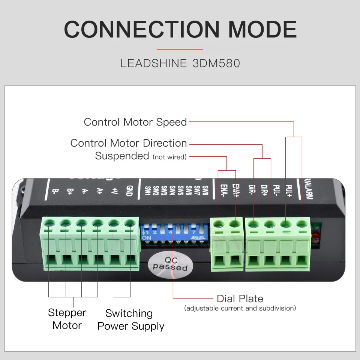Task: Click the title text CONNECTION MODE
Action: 180,29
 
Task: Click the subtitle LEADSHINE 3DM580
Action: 180,63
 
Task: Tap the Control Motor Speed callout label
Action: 135,122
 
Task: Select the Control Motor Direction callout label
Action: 128,143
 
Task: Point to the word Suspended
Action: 122,156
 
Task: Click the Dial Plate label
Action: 240,299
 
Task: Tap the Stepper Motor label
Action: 67,319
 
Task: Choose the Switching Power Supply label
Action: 130,319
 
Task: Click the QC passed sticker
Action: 170,264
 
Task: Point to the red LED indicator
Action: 316,238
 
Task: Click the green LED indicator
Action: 316,226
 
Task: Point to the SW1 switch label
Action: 147,191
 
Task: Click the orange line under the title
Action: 180,49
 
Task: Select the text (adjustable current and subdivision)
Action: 240,308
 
